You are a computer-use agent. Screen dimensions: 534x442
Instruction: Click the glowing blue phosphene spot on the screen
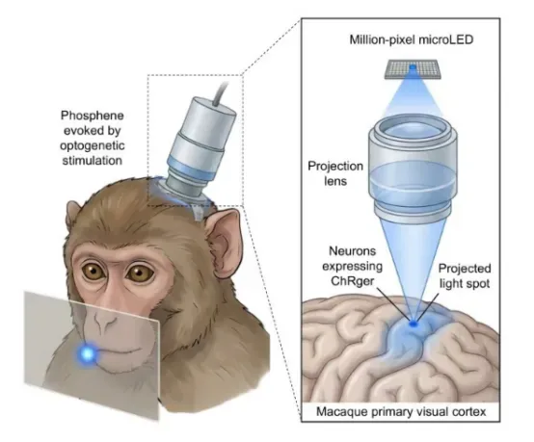tap(88, 354)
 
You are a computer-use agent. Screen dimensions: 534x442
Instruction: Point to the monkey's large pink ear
tap(224, 245)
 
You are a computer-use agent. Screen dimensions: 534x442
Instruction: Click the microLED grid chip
tap(413, 69)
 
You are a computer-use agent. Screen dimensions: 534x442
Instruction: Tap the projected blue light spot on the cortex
tap(414, 324)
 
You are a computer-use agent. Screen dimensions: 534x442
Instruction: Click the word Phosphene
tap(92, 116)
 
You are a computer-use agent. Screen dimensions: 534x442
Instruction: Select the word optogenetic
tap(93, 145)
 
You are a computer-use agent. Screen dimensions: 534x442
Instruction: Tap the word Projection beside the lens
tap(335, 167)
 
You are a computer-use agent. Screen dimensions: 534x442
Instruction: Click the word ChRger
tap(352, 281)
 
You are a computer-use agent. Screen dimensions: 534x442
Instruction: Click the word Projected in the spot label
tap(465, 269)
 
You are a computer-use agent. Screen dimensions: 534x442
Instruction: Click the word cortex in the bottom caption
tap(469, 412)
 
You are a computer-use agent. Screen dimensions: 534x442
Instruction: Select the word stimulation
tap(93, 160)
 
